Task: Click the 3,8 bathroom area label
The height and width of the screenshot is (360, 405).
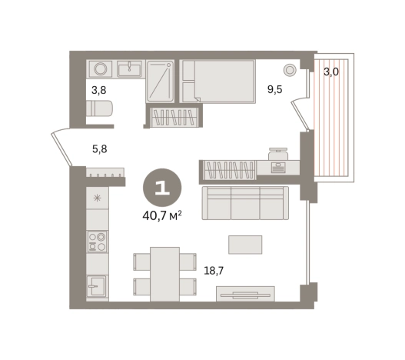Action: [x=99, y=91]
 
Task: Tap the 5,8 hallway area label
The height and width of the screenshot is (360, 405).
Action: [x=100, y=149]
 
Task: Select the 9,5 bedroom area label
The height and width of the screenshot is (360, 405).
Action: [x=275, y=89]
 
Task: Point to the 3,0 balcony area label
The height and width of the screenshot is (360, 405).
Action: [x=331, y=72]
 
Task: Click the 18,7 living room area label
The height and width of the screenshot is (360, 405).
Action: [x=214, y=271]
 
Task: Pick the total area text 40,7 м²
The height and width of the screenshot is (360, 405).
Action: [x=162, y=216]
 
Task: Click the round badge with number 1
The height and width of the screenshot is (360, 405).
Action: [x=162, y=188]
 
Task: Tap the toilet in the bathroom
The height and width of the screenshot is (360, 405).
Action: [x=99, y=108]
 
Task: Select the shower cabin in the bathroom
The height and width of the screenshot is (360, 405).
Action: [x=160, y=82]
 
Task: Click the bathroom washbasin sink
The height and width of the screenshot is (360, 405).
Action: [x=129, y=68]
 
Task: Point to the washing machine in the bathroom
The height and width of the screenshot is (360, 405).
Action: [x=101, y=69]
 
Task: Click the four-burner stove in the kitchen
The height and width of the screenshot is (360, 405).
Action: [x=97, y=242]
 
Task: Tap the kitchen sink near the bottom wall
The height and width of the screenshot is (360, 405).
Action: [x=96, y=286]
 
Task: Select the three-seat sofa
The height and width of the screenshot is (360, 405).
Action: [x=245, y=203]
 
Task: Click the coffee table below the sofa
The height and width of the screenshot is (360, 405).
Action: [x=245, y=245]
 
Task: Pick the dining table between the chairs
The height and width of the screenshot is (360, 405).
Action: [x=164, y=274]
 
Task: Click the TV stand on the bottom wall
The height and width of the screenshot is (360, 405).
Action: [x=245, y=294]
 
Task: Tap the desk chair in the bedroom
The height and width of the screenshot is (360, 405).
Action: [x=278, y=154]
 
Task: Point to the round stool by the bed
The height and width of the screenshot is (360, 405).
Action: [x=290, y=70]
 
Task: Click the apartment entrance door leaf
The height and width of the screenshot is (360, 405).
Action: [x=61, y=149]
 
